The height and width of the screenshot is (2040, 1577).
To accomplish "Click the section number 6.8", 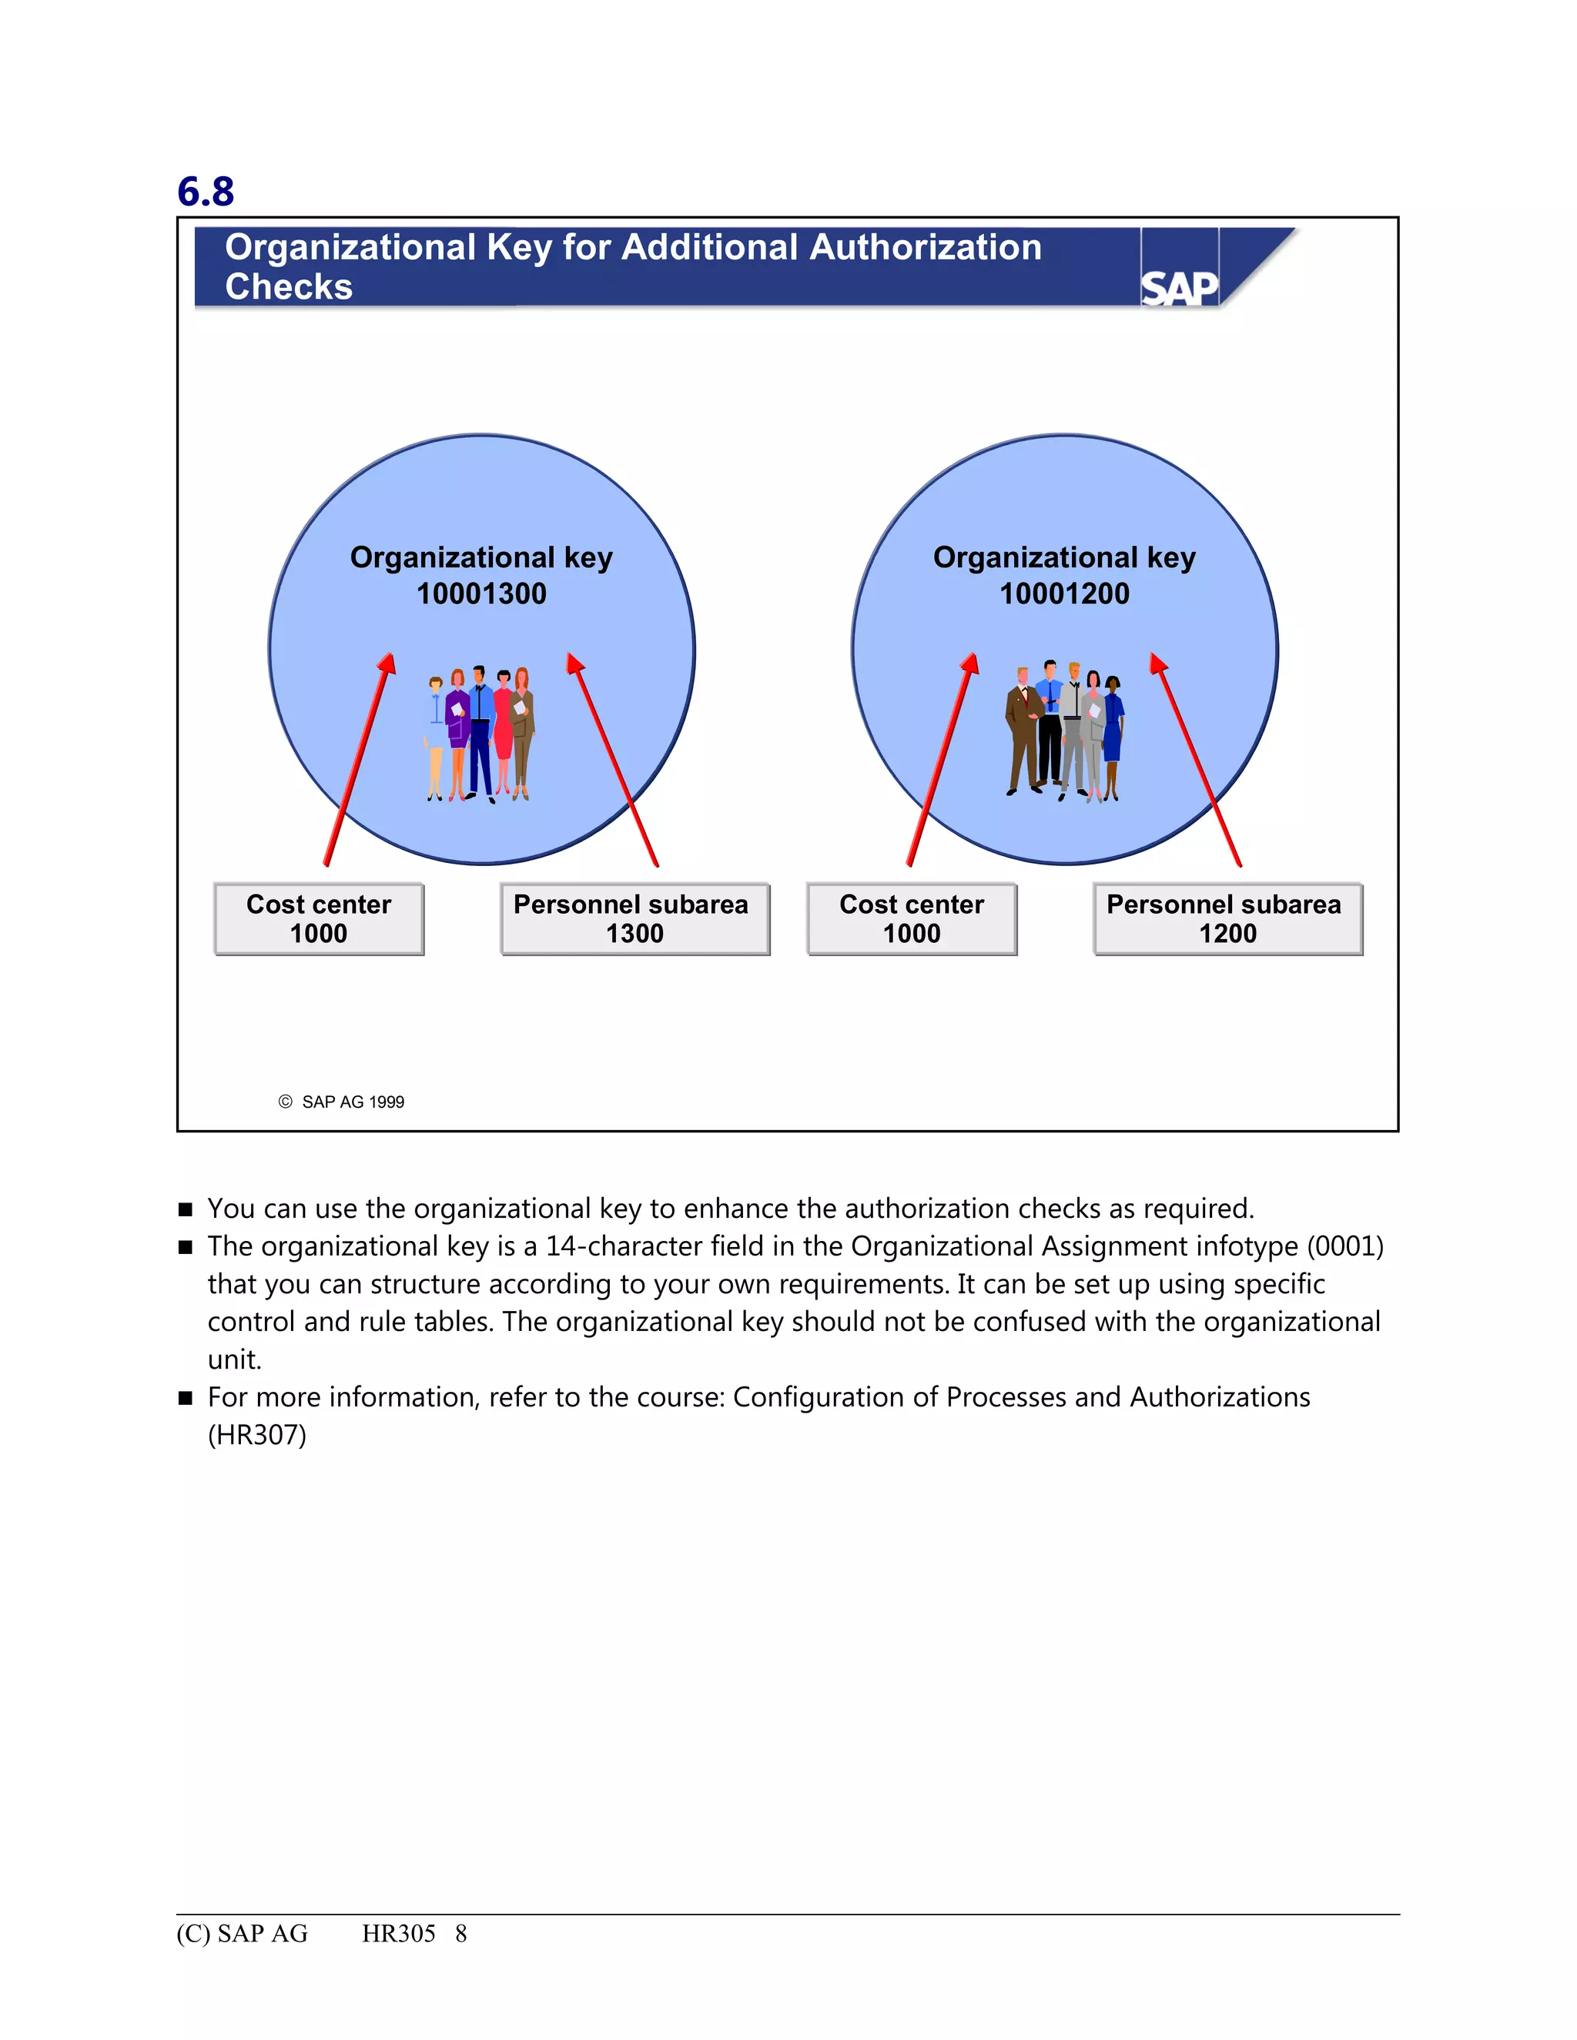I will pos(206,192).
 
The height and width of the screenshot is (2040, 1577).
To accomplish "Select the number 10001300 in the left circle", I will pos(481,594).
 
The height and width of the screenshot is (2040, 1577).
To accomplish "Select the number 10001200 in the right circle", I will pos(1064,594).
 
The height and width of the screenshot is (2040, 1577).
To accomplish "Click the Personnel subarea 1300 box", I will pos(634,919).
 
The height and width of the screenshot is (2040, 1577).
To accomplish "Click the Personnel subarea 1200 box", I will pos(1227,919).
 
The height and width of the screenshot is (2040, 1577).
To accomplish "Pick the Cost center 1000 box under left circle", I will pos(319,919).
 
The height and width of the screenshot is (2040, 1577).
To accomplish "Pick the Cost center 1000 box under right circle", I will pos(911,919).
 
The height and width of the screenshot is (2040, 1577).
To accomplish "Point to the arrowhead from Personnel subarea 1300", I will pos(574,662).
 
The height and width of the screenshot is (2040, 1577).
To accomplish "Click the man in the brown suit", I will pos(1023,728).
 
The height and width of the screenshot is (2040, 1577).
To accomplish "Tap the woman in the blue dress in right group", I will pos(1112,733).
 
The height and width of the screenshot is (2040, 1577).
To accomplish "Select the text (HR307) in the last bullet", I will pos(257,1435).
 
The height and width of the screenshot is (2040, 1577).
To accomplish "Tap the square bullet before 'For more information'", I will pos(185,1398).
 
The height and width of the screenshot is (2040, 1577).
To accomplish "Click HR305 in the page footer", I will pos(398,1934).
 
